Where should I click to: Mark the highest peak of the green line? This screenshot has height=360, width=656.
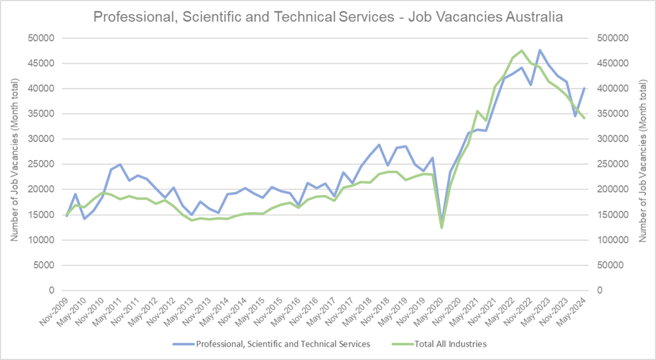[x=521, y=51]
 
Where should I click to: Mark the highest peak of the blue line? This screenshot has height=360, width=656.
[x=539, y=50]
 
